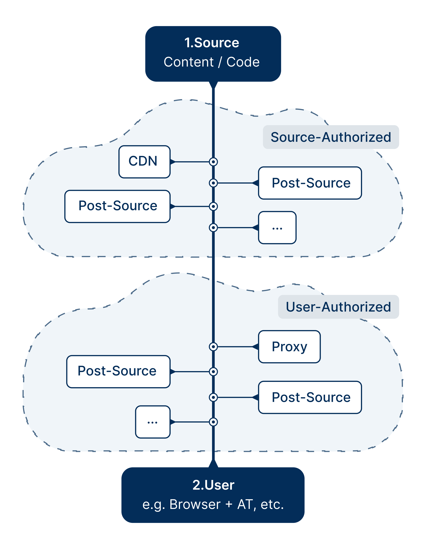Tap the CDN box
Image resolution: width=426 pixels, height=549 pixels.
pyautogui.click(x=144, y=162)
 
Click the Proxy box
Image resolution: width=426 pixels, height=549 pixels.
pyautogui.click(x=289, y=347)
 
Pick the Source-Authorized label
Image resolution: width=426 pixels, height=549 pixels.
pyautogui.click(x=331, y=137)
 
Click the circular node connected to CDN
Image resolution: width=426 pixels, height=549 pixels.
pyautogui.click(x=213, y=162)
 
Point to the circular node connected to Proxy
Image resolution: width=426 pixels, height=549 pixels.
pyautogui.click(x=213, y=347)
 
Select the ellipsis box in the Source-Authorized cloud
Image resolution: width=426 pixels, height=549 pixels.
pyautogui.click(x=277, y=228)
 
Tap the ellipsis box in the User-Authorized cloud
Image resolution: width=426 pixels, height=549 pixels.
pyautogui.click(x=153, y=422)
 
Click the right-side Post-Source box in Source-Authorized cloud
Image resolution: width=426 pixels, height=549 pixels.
pyautogui.click(x=310, y=183)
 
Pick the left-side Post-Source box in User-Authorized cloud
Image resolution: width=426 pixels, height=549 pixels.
pyautogui.click(x=118, y=372)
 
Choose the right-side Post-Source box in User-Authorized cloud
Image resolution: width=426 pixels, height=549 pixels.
pyautogui.click(x=310, y=397)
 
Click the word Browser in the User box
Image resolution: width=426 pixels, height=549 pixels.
pyautogui.click(x=195, y=504)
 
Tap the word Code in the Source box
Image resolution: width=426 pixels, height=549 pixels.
pyautogui.click(x=243, y=62)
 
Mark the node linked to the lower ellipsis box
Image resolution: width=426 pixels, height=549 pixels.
pyautogui.click(x=213, y=422)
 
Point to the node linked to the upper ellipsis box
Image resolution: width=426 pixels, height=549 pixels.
pyautogui.click(x=213, y=228)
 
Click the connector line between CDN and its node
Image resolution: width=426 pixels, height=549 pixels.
pyautogui.click(x=191, y=162)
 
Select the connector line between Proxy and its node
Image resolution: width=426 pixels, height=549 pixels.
pyautogui.click(x=235, y=347)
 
